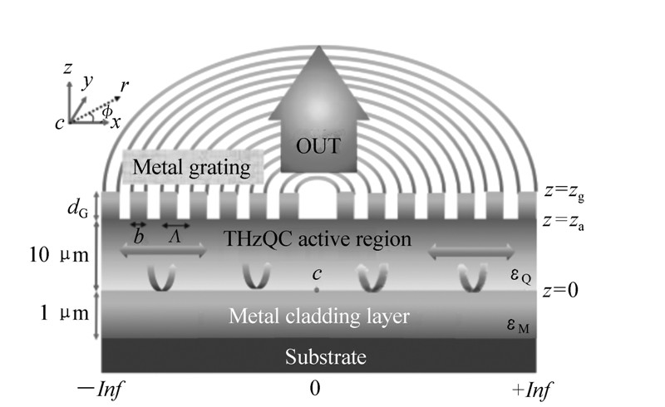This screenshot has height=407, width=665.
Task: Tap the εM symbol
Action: pyautogui.click(x=522, y=329)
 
